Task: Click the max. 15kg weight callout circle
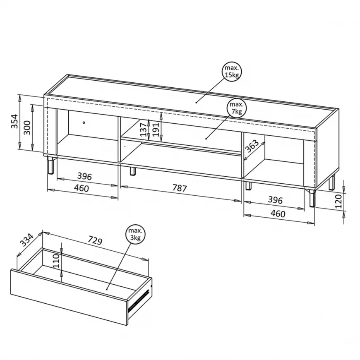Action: (x=232, y=72)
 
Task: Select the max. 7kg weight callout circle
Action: (x=236, y=108)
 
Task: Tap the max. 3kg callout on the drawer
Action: (x=135, y=234)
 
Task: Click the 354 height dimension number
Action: (x=14, y=121)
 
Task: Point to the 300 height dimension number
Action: (x=27, y=127)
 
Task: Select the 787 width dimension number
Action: (x=180, y=188)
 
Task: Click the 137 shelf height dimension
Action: (x=144, y=130)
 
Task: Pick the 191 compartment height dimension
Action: (x=156, y=130)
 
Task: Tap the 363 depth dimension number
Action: (x=252, y=146)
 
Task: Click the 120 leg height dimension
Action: (x=339, y=201)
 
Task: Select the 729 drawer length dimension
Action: (x=95, y=240)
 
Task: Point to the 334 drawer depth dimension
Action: (x=26, y=240)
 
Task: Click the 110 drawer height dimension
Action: (x=56, y=261)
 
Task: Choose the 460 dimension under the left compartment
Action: (x=82, y=188)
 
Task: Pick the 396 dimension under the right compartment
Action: (x=275, y=200)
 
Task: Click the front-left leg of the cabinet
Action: (x=51, y=166)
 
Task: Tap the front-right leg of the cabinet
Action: (x=312, y=198)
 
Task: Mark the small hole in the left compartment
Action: (x=84, y=122)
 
